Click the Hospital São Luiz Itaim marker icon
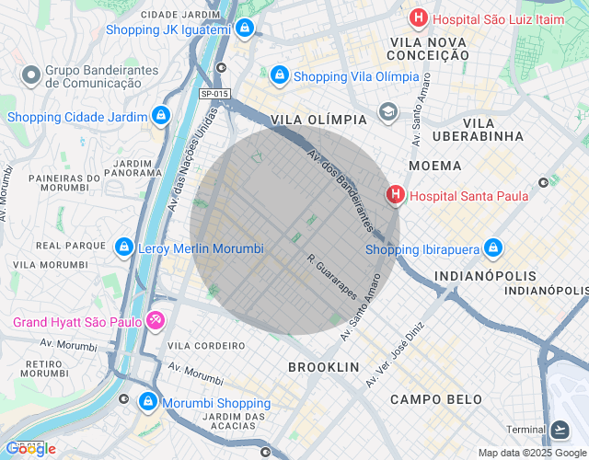pos(419,17)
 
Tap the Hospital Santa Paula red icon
pos(395,195)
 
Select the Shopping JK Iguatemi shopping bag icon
pos(244,29)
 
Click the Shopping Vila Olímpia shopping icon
pos(279,75)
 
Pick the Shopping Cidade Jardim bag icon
pos(161,116)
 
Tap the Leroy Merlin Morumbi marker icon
pos(123,247)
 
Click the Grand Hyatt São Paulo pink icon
pos(156,321)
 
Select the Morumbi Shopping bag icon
pos(148,402)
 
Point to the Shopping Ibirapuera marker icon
pos(493,248)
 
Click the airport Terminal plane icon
pos(560,430)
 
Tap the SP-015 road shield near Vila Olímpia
pos(214,94)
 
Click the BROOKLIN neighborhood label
pos(323,367)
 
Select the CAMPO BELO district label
pos(435,399)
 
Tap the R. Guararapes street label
pos(332,276)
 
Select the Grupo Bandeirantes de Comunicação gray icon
pos(30,73)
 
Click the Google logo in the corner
pos(30,448)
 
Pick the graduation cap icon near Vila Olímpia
pos(387,114)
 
